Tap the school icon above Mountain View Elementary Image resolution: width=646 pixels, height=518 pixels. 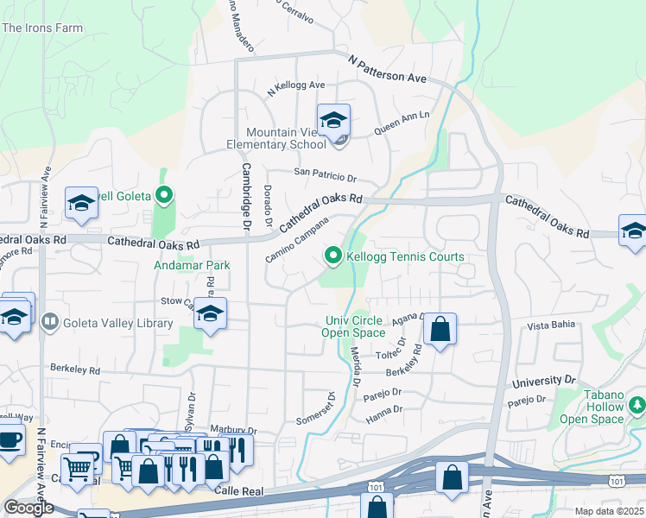332,121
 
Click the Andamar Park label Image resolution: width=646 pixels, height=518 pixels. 192,265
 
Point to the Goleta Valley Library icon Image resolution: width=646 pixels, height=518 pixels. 50,323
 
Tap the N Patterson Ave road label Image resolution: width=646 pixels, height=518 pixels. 388,69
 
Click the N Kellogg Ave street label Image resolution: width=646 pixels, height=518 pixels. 295,86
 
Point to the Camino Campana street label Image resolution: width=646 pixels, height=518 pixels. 297,240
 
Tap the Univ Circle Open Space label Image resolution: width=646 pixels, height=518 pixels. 353,326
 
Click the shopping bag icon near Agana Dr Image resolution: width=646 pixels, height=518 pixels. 440,329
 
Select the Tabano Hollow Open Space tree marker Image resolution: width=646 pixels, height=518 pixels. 636,404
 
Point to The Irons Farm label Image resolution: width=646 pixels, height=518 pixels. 42,28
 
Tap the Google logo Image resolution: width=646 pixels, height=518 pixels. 28,507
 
